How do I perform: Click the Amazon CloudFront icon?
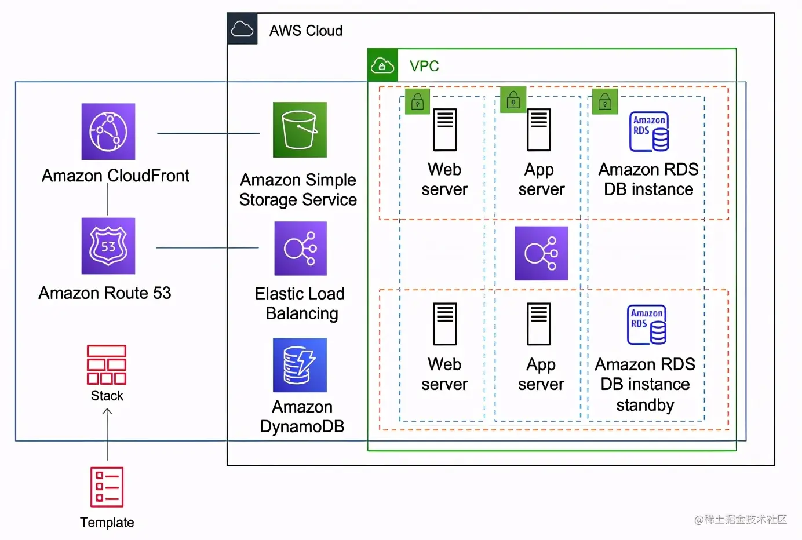108,132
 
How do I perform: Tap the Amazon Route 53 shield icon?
108,246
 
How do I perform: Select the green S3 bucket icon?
300,130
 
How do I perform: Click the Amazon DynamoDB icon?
300,365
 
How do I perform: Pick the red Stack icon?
107,365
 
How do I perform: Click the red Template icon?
107,487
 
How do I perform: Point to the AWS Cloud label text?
305,31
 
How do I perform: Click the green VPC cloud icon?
382,65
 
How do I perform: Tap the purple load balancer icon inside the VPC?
541,253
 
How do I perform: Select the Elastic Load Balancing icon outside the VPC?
300,249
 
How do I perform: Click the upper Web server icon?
445,130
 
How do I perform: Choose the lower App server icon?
539,324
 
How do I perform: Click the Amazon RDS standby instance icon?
647,324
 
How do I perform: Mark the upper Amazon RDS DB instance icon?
649,132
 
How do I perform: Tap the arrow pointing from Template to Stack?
107,435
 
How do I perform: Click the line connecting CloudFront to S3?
209,133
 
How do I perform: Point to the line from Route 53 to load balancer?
207,248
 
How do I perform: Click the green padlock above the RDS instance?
605,102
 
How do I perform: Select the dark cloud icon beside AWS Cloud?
242,29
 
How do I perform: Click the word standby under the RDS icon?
645,405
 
